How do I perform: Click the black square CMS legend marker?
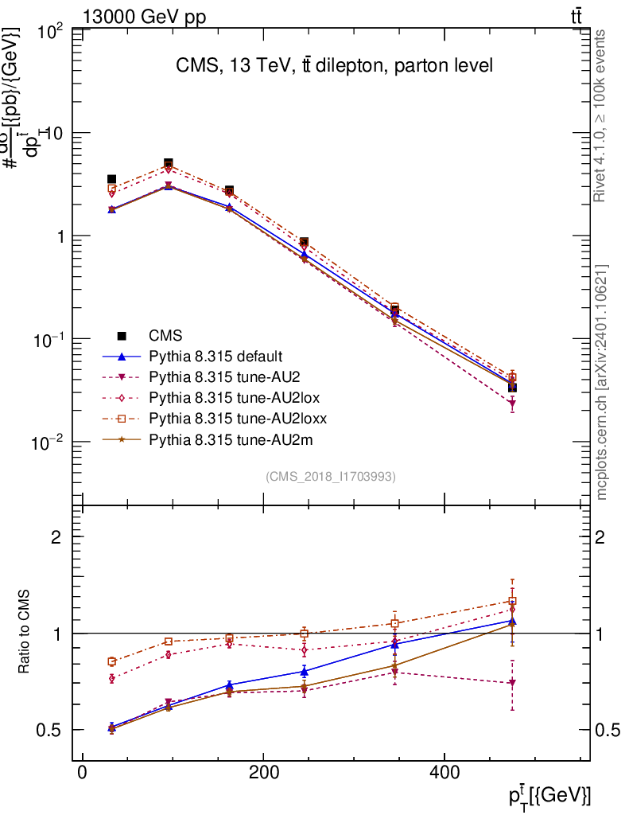122,335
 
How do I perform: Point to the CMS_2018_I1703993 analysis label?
330,476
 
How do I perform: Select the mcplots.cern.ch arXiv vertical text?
602,382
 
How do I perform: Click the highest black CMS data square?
169,163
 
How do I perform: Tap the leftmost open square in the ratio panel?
112,661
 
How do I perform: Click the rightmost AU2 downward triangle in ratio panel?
512,683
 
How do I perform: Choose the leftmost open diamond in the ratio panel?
112,678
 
